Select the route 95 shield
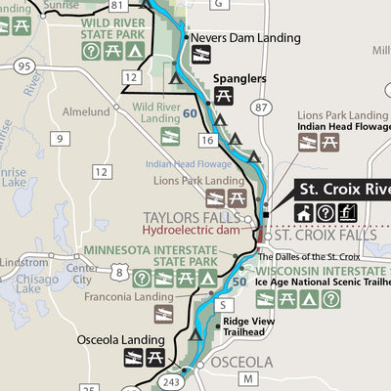point(25,65)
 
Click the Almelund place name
point(85,112)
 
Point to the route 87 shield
point(258,105)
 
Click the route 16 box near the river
point(207,141)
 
